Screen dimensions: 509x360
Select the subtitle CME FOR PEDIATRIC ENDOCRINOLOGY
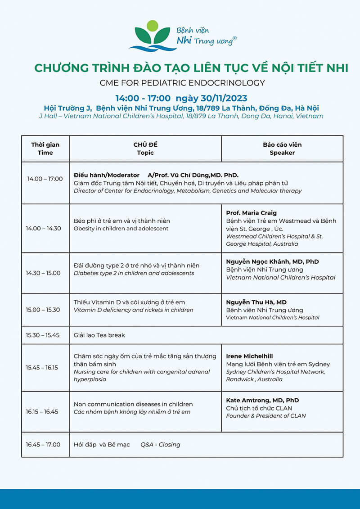[x=182, y=83]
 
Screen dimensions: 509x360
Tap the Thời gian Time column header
[x=45, y=149]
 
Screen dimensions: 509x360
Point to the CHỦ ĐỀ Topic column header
[x=145, y=149]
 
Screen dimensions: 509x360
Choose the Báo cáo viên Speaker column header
[x=282, y=149]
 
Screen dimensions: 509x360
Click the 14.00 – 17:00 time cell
[x=45, y=179]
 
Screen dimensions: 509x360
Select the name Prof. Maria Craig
[x=251, y=213]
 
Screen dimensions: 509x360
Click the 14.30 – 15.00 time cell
[x=43, y=273]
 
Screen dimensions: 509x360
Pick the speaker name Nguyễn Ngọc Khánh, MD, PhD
[x=272, y=261]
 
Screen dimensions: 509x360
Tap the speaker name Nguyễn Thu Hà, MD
[x=256, y=302]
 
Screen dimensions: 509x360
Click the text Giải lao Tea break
[x=99, y=335]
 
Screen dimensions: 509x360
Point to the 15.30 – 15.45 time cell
[x=43, y=335]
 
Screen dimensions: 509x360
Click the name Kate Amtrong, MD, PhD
[x=262, y=400]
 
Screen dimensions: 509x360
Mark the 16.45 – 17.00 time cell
[x=43, y=445]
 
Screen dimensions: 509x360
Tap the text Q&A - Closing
[x=160, y=445]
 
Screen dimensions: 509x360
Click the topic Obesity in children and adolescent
[x=121, y=229]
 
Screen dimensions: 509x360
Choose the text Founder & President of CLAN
[x=265, y=416]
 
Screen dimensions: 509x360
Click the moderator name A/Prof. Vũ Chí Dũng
[x=193, y=175]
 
